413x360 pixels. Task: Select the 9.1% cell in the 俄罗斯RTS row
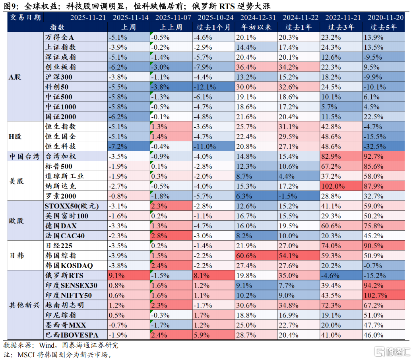128,275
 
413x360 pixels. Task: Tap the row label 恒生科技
60,146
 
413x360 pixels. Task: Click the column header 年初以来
256,27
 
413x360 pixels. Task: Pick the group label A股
15,77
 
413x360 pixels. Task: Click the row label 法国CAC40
65,235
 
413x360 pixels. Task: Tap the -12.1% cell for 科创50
213,87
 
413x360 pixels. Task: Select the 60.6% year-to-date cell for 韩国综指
256,255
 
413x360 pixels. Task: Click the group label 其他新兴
24,305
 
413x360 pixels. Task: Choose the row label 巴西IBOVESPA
72,335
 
